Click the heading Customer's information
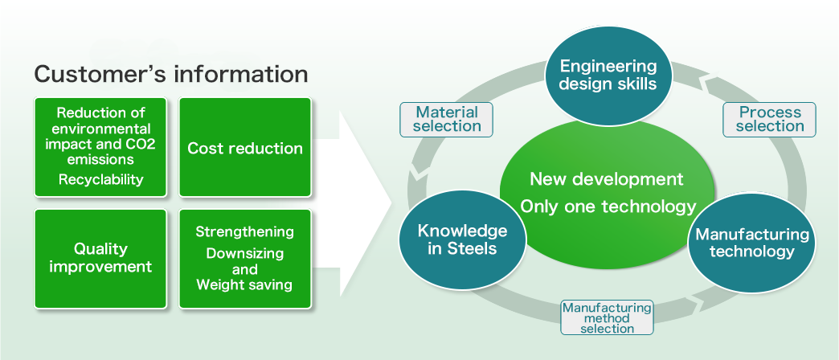coord(170,74)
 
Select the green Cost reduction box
coord(245,147)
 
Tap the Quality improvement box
coord(100,259)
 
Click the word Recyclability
coord(100,179)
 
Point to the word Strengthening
coord(244,231)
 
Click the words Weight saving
coord(244,284)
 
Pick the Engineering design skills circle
coord(608,76)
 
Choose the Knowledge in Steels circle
coord(462,239)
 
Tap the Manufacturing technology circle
coord(751,243)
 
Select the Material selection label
coord(447,119)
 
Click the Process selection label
coord(769,119)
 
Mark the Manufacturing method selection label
coord(607,317)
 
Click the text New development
coord(607,179)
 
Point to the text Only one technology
coord(608,207)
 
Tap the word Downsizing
coord(245,253)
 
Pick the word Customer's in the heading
coord(100,74)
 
